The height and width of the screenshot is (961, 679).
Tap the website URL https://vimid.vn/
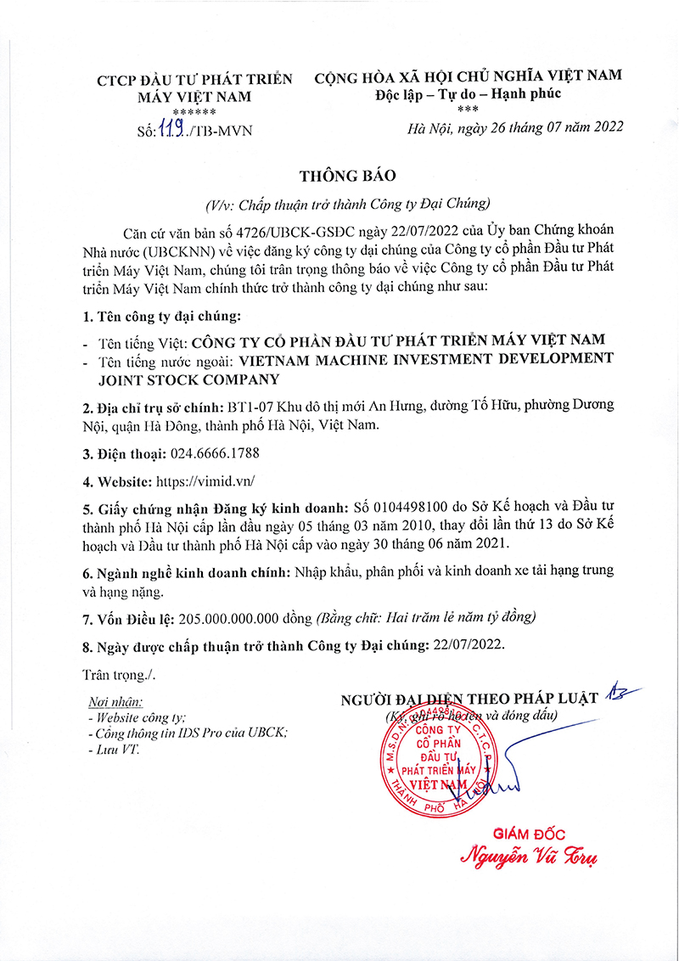pyautogui.click(x=205, y=481)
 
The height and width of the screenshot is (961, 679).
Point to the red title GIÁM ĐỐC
pyautogui.click(x=529, y=834)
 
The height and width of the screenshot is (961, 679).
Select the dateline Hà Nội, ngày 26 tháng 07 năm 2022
pyautogui.click(x=515, y=127)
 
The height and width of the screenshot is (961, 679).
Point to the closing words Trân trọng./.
pyautogui.click(x=120, y=674)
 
